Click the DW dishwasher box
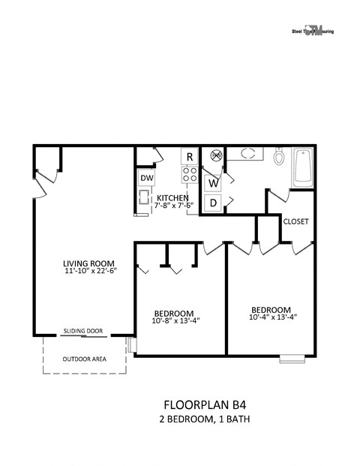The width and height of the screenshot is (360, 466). [x=146, y=179]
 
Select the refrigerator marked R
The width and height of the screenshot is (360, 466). [x=190, y=157]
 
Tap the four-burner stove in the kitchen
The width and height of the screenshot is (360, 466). [x=190, y=175]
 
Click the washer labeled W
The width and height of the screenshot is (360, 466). [x=213, y=182]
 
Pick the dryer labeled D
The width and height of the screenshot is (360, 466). [x=213, y=202]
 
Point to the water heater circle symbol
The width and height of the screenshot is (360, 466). [x=217, y=156]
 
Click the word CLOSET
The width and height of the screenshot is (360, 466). [x=296, y=221]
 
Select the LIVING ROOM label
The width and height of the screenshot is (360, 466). [x=88, y=263]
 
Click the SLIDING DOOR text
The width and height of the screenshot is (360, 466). [x=83, y=330]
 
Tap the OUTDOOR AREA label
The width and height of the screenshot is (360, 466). [x=83, y=359]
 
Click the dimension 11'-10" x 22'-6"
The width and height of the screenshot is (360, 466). [x=89, y=272]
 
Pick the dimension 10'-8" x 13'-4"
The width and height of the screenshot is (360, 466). [x=175, y=322]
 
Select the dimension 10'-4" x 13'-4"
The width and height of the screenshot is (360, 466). [x=271, y=317]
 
